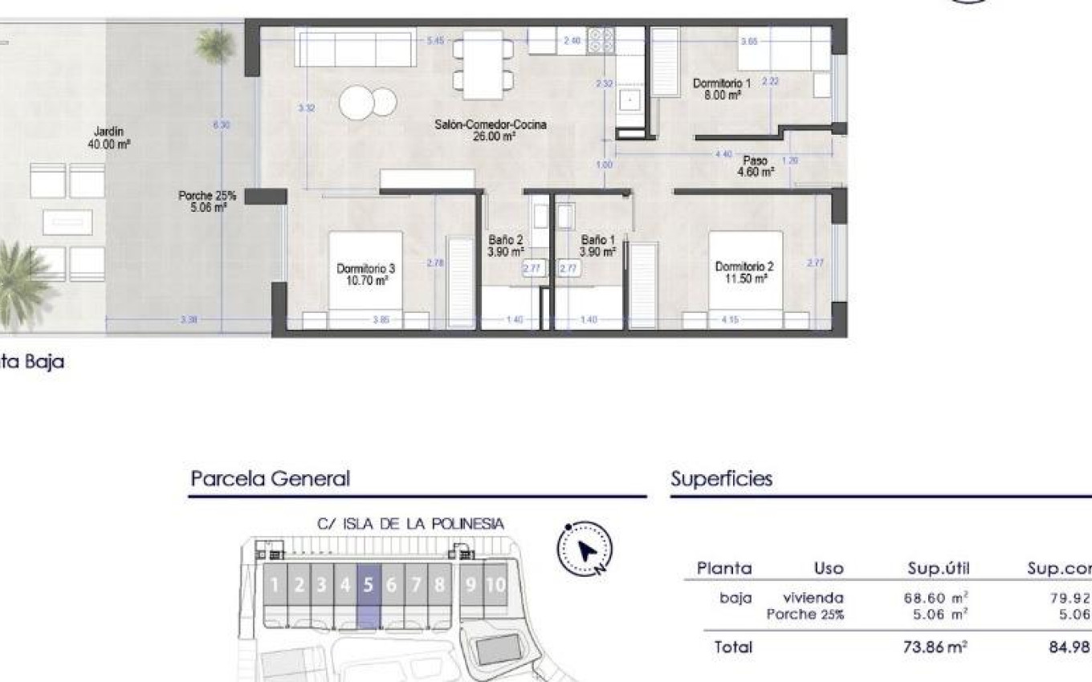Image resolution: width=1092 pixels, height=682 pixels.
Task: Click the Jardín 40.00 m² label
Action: pos(108,138)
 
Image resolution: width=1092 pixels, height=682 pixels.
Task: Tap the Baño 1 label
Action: pos(598,246)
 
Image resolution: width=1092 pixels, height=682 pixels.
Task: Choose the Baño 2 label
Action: pos(506,246)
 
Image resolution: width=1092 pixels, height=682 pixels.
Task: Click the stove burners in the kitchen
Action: pos(601,39)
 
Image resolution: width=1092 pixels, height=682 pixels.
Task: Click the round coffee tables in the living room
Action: pos(368,103)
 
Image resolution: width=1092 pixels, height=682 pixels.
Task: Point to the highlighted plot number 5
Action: pos(368,585)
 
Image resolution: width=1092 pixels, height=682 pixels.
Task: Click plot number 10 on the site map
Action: pos(495,585)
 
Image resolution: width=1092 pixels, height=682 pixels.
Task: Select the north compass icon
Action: pos(585,550)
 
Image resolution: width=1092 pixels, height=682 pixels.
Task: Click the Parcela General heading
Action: pos(270,479)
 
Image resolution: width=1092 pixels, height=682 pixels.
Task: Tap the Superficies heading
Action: pos(721,479)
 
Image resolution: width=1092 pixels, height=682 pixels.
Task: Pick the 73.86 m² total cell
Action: pos(935,647)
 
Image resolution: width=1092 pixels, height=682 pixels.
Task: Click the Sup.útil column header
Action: pos(939,569)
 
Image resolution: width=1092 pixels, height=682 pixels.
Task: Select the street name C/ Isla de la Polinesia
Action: pos(410,524)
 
